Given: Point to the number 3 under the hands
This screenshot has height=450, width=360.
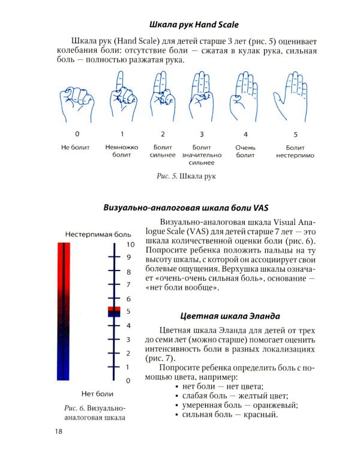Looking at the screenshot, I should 202,134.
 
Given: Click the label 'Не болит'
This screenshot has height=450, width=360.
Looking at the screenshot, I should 76,148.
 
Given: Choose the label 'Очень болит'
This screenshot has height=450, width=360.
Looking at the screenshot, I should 245,151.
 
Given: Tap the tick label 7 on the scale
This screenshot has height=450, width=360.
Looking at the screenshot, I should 128,284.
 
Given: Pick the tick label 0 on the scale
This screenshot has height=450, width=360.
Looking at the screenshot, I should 128,380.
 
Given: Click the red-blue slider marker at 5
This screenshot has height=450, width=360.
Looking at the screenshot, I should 114,311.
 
